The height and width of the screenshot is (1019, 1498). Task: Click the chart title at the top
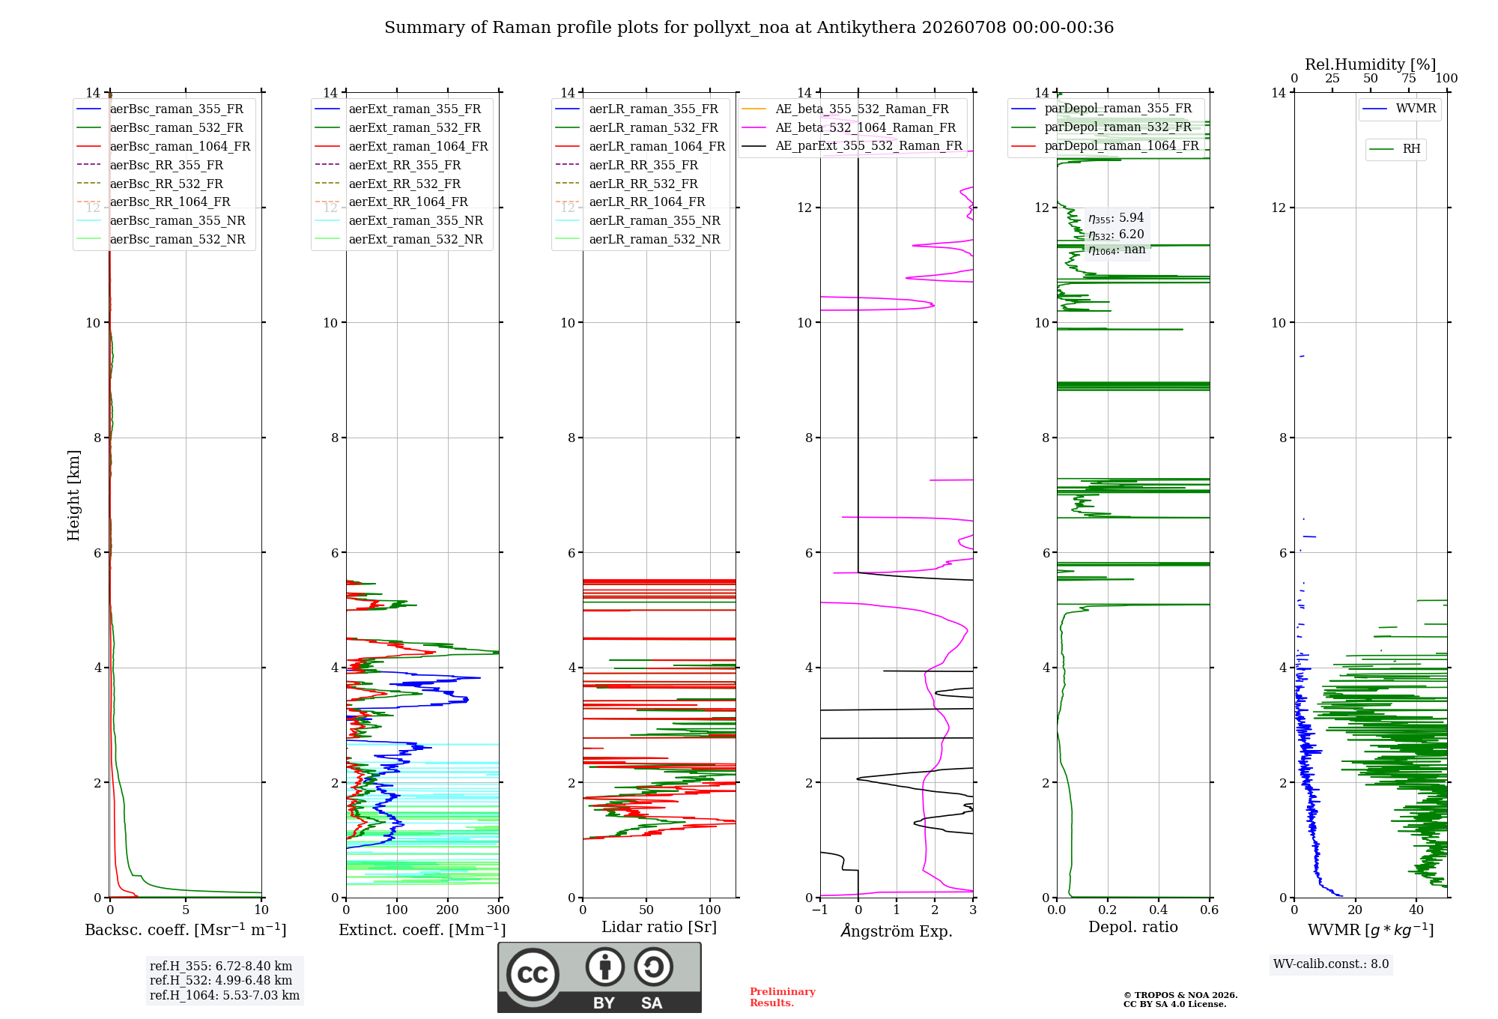tap(749, 28)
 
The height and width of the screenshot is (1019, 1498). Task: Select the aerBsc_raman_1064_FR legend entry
tap(163, 146)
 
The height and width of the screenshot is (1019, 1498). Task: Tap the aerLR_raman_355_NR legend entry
tap(637, 220)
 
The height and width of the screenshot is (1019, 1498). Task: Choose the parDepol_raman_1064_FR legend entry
tap(1105, 145)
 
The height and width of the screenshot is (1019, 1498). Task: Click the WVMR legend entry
tap(1399, 109)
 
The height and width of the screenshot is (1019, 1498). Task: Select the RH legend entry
tap(1395, 149)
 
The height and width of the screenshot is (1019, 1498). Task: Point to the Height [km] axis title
tap(73, 495)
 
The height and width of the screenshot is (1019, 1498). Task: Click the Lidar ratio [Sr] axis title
tap(659, 927)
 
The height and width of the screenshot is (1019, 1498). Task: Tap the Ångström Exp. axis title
tap(897, 931)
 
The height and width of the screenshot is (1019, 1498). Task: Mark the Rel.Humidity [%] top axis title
tap(1371, 64)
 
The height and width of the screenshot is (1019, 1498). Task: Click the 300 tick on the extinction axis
tap(498, 910)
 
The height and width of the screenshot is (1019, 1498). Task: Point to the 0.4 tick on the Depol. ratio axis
tap(1158, 910)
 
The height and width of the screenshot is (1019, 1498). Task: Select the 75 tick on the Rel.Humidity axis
tap(1409, 79)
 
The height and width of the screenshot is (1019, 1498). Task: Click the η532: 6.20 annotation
tap(1116, 235)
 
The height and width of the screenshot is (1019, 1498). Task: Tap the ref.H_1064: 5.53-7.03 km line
tap(225, 996)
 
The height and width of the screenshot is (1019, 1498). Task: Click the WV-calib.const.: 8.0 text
tap(1331, 964)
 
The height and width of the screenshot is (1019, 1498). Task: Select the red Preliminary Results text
tap(783, 997)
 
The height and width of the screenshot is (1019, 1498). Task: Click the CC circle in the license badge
tap(533, 974)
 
